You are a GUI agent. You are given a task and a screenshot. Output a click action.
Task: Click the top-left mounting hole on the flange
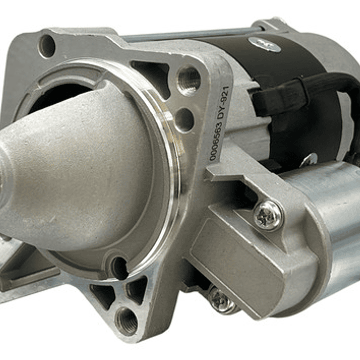[x=47, y=46]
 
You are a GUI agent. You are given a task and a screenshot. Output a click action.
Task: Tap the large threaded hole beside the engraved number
[x=189, y=80]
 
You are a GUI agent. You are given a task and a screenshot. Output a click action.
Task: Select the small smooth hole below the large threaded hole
[x=184, y=120]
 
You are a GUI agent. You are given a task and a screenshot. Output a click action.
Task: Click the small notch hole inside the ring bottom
[x=119, y=267]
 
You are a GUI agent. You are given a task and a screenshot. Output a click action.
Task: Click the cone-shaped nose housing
[x=75, y=170]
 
